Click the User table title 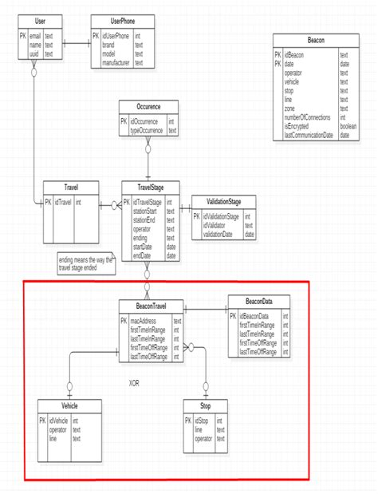tap(35, 20)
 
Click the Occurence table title tap(148, 105)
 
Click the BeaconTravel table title tap(151, 306)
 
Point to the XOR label tap(136, 383)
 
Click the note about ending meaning tap(85, 263)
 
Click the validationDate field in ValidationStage tap(218, 235)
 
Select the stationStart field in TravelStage tap(146, 210)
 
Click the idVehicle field tap(60, 420)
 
